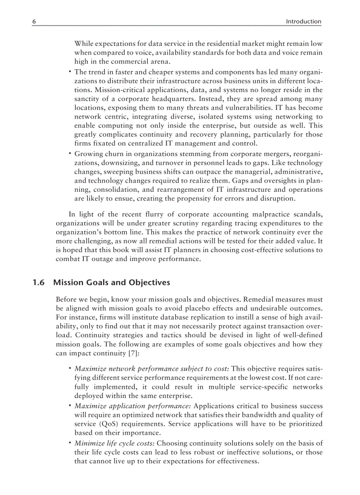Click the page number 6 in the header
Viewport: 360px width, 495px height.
coord(34,22)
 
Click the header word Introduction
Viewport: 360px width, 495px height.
coord(304,22)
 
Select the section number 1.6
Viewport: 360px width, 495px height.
coord(38,283)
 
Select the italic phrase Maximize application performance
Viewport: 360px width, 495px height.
coord(132,406)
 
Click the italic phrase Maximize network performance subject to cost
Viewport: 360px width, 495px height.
coord(151,368)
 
